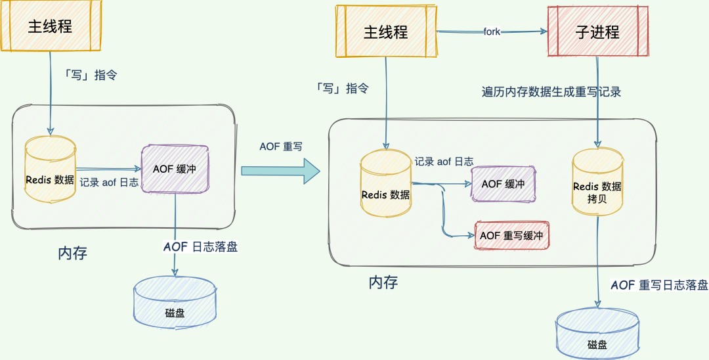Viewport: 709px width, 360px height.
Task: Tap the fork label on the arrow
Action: tap(492, 31)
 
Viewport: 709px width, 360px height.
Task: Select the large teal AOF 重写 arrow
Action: tap(280, 171)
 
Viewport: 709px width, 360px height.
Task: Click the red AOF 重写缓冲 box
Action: tap(511, 235)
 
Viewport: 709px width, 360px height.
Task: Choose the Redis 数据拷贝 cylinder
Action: tap(597, 184)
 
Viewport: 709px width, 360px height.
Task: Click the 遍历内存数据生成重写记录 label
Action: tap(551, 92)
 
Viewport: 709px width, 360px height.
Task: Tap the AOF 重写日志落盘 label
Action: tap(659, 284)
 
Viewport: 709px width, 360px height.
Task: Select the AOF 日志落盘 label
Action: tap(200, 247)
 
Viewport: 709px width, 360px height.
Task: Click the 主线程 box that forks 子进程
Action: tap(386, 32)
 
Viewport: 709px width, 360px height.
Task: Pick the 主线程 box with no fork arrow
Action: tap(50, 26)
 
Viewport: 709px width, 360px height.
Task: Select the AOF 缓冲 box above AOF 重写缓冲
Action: tap(503, 184)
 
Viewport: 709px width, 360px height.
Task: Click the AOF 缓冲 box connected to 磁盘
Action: tap(175, 169)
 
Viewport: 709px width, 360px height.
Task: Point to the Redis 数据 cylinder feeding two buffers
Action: tap(386, 185)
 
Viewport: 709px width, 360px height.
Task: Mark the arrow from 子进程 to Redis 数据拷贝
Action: tap(597, 102)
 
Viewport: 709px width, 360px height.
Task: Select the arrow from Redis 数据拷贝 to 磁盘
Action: tap(599, 263)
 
